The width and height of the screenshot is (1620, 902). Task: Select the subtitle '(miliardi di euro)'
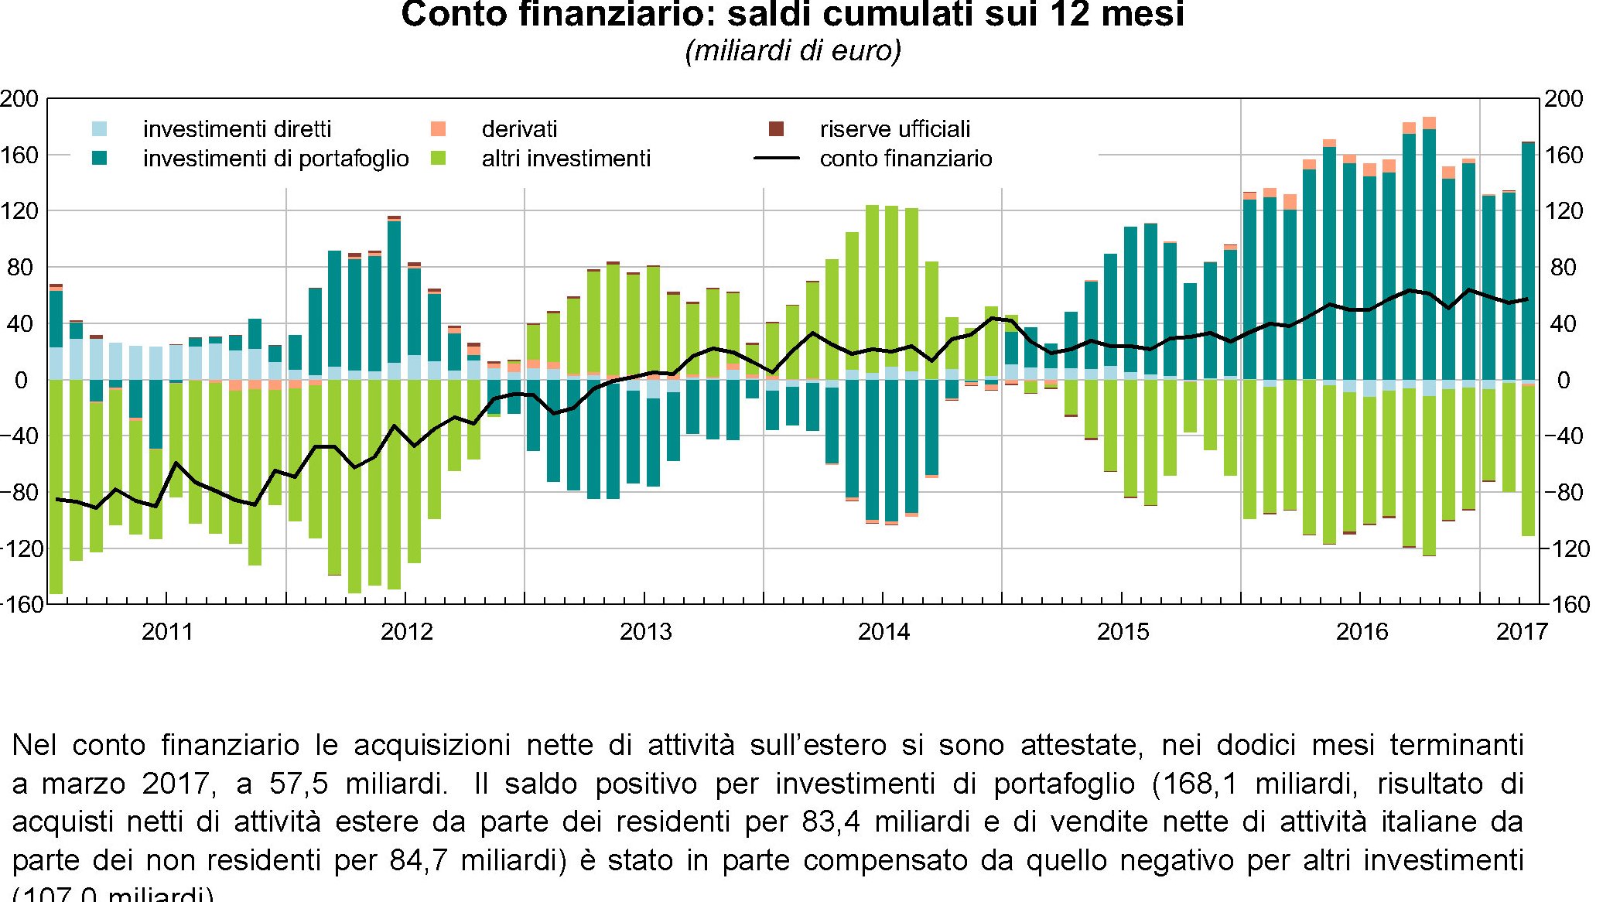(793, 51)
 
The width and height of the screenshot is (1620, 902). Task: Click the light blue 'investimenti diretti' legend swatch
(100, 129)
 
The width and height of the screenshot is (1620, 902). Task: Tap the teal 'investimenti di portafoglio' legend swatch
(100, 159)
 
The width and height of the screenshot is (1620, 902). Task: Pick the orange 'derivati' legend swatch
(439, 129)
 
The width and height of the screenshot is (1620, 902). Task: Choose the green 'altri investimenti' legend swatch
(439, 159)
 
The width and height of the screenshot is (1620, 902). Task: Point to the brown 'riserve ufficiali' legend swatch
(776, 129)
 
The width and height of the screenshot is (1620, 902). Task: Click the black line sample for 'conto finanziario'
(776, 159)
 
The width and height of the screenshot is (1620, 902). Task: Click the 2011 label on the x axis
(167, 632)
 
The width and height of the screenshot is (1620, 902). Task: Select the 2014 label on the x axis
(883, 632)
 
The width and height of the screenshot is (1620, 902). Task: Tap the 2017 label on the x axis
(1522, 632)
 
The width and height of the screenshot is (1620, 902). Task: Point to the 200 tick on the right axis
(1564, 99)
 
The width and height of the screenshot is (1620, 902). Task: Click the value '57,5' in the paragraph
(299, 784)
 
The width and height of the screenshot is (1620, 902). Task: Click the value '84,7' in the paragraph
(419, 860)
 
